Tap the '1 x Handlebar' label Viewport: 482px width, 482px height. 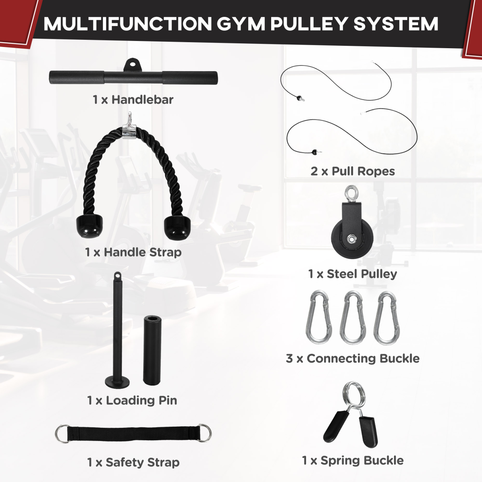pos(133,100)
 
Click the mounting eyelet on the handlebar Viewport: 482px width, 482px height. pos(131,65)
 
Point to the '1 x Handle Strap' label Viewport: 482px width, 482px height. pos(133,252)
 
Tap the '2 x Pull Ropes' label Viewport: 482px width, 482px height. pos(352,171)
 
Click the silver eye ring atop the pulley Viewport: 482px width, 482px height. pos(351,194)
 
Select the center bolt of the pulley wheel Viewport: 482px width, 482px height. pos(352,239)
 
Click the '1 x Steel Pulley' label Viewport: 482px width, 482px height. pos(352,274)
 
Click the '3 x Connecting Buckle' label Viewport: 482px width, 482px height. pos(352,358)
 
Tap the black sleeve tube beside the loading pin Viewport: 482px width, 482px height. pos(152,349)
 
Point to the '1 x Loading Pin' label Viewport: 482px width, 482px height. pos(132,400)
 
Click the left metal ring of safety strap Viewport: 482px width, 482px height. pos(62,434)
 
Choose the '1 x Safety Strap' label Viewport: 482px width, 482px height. pos(133,462)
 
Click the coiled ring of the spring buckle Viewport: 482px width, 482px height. pos(354,394)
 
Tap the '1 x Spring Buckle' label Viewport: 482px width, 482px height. pos(352,460)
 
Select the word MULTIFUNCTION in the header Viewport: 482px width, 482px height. pos(127,24)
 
